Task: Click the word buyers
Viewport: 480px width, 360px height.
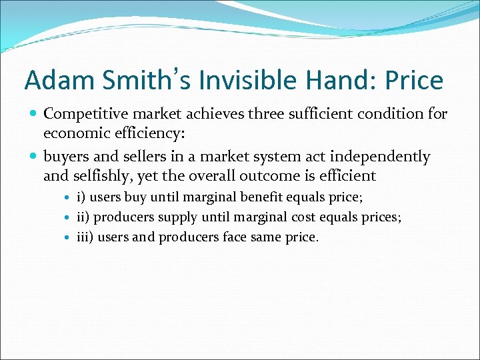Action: (67, 157)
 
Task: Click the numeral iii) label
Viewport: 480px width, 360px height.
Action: (85, 237)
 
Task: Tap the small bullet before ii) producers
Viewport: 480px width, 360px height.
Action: (69, 218)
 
